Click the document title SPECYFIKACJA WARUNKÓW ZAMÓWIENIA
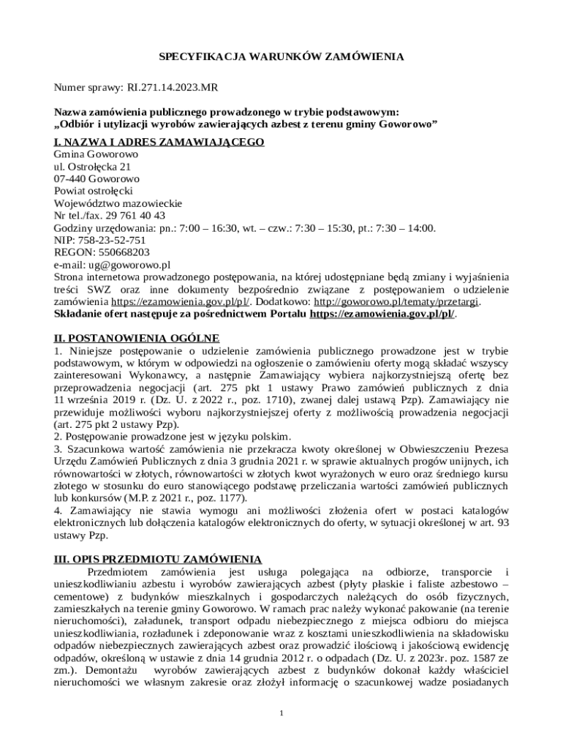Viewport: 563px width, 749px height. tap(281, 56)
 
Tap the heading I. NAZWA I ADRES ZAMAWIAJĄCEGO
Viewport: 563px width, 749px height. tap(159, 141)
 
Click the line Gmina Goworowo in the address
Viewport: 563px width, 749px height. tap(97, 154)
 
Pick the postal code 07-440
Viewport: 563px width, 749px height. tap(70, 178)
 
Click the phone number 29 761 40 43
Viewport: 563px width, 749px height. tap(138, 215)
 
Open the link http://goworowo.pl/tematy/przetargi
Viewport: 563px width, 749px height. tap(396, 301)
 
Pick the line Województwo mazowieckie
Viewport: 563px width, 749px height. tap(118, 203)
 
